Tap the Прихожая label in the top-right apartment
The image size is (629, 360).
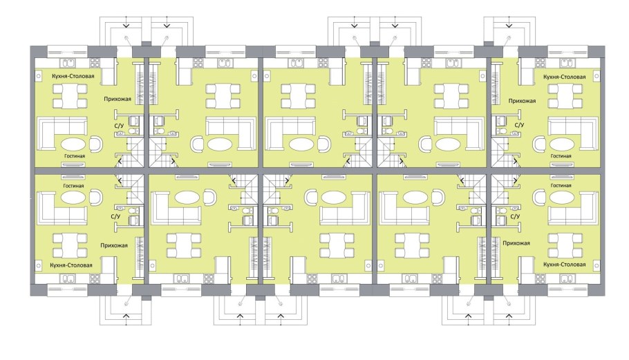522,101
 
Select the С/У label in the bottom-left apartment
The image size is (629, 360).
115,216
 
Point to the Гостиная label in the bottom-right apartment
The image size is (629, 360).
561,186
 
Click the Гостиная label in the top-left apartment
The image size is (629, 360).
74,156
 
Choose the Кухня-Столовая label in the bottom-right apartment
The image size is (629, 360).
565,265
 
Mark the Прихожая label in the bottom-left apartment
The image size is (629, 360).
114,245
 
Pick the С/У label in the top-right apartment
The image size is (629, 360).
520,125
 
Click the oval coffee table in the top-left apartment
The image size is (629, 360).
73,144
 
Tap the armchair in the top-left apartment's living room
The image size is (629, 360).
96,144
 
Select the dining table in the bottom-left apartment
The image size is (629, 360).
71,245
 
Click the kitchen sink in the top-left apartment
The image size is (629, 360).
67,63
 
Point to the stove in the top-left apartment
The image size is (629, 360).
95,63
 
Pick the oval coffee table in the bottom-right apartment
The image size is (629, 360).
561,198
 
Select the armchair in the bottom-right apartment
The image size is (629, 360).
538,198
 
